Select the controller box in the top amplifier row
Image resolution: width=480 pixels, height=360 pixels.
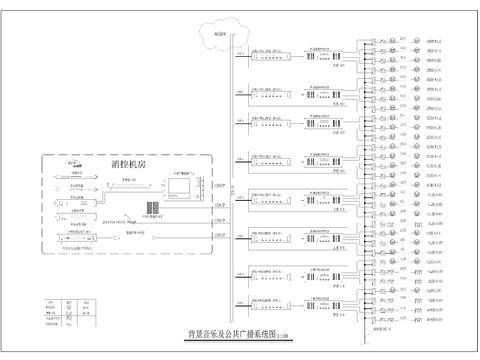pos(272,57)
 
